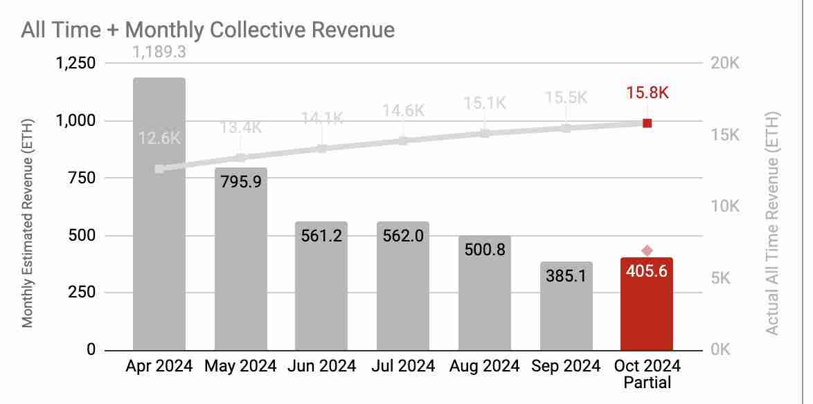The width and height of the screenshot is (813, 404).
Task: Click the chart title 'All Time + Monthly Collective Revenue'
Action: point(208,30)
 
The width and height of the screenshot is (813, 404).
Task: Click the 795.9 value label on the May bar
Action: point(240,183)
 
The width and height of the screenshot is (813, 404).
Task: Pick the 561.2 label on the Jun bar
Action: point(321,235)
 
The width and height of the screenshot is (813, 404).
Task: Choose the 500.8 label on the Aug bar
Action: point(485,249)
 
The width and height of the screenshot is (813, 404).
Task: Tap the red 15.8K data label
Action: point(647,93)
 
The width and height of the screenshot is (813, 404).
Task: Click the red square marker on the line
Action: point(647,123)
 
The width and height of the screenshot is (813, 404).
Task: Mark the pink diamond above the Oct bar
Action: point(647,250)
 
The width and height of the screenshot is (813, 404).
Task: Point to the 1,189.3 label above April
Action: point(159,52)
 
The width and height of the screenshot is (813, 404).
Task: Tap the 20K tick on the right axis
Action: point(725,64)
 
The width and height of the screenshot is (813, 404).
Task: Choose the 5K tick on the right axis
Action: point(725,278)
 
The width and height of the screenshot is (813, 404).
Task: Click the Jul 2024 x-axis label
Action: point(403,366)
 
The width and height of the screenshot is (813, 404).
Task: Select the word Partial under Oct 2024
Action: point(647,381)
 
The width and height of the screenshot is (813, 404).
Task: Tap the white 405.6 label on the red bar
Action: point(647,271)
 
